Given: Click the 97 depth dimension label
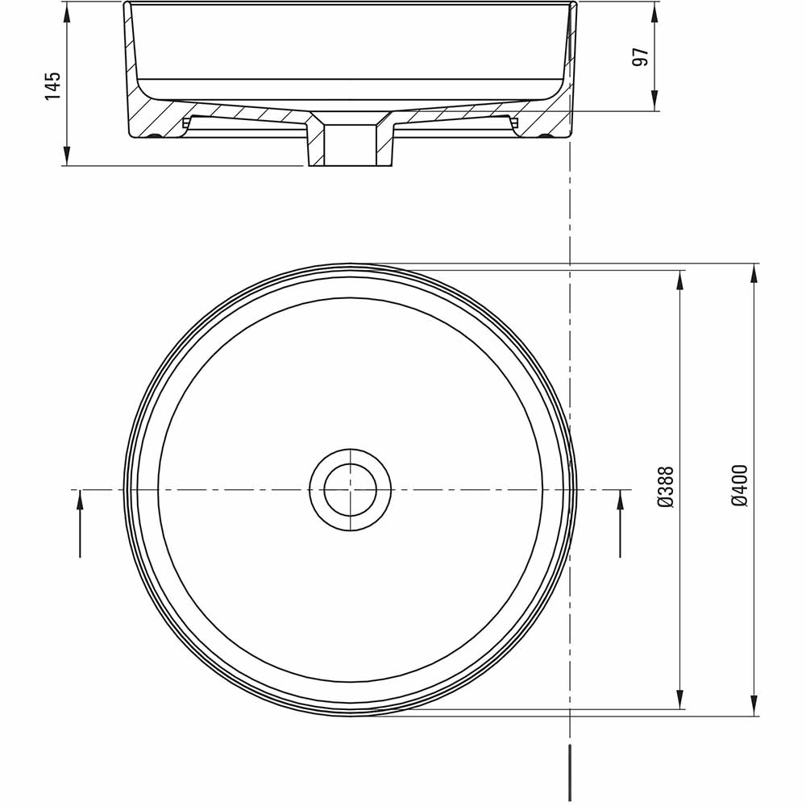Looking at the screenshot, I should [641, 57].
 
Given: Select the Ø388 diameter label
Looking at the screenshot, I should [666, 487].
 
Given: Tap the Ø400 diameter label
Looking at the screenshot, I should [740, 485].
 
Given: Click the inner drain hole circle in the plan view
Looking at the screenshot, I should [351, 489].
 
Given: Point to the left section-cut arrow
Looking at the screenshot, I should [81, 524].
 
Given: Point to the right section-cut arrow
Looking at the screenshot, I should [620, 524].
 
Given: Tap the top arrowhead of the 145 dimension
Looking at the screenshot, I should [67, 10].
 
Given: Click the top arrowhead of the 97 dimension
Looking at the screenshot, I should [654, 10].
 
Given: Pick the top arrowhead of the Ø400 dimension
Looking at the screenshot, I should [754, 272].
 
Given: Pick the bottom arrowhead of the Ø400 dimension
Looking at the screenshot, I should [754, 708].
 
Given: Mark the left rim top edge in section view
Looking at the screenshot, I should [128, 5].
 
